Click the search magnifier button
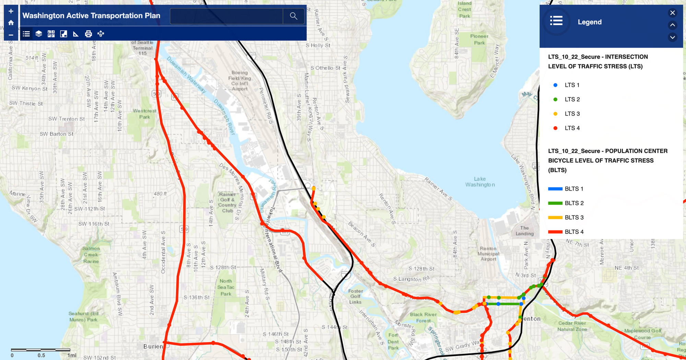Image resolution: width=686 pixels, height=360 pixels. [294, 16]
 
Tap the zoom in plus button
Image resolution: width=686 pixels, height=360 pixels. [11, 11]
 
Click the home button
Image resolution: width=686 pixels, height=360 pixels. [11, 23]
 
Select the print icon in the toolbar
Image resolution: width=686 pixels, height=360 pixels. [88, 34]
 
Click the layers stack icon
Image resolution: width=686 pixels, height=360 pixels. [39, 34]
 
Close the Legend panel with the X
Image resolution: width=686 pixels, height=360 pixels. [672, 13]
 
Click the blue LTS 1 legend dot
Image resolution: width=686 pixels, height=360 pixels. [555, 85]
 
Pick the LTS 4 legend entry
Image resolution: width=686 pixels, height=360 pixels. [572, 128]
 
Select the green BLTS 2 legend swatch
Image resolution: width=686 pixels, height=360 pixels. [555, 203]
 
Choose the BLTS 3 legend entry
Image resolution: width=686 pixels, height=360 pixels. [574, 217]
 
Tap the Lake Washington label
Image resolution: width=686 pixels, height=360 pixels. [480, 182]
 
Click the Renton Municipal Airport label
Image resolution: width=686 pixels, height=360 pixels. [488, 254]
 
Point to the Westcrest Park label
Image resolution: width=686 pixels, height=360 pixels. [144, 114]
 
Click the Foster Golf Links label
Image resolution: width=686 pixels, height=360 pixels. [355, 296]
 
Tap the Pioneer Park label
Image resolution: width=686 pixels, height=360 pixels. [479, 39]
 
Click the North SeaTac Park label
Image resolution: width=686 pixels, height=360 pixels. [226, 287]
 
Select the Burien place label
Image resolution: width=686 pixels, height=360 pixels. [153, 346]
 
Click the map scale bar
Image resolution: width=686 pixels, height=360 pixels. [40, 350]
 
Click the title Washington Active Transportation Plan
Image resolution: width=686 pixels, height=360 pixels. [91, 16]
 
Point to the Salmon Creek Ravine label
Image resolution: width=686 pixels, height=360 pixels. [91, 255]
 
